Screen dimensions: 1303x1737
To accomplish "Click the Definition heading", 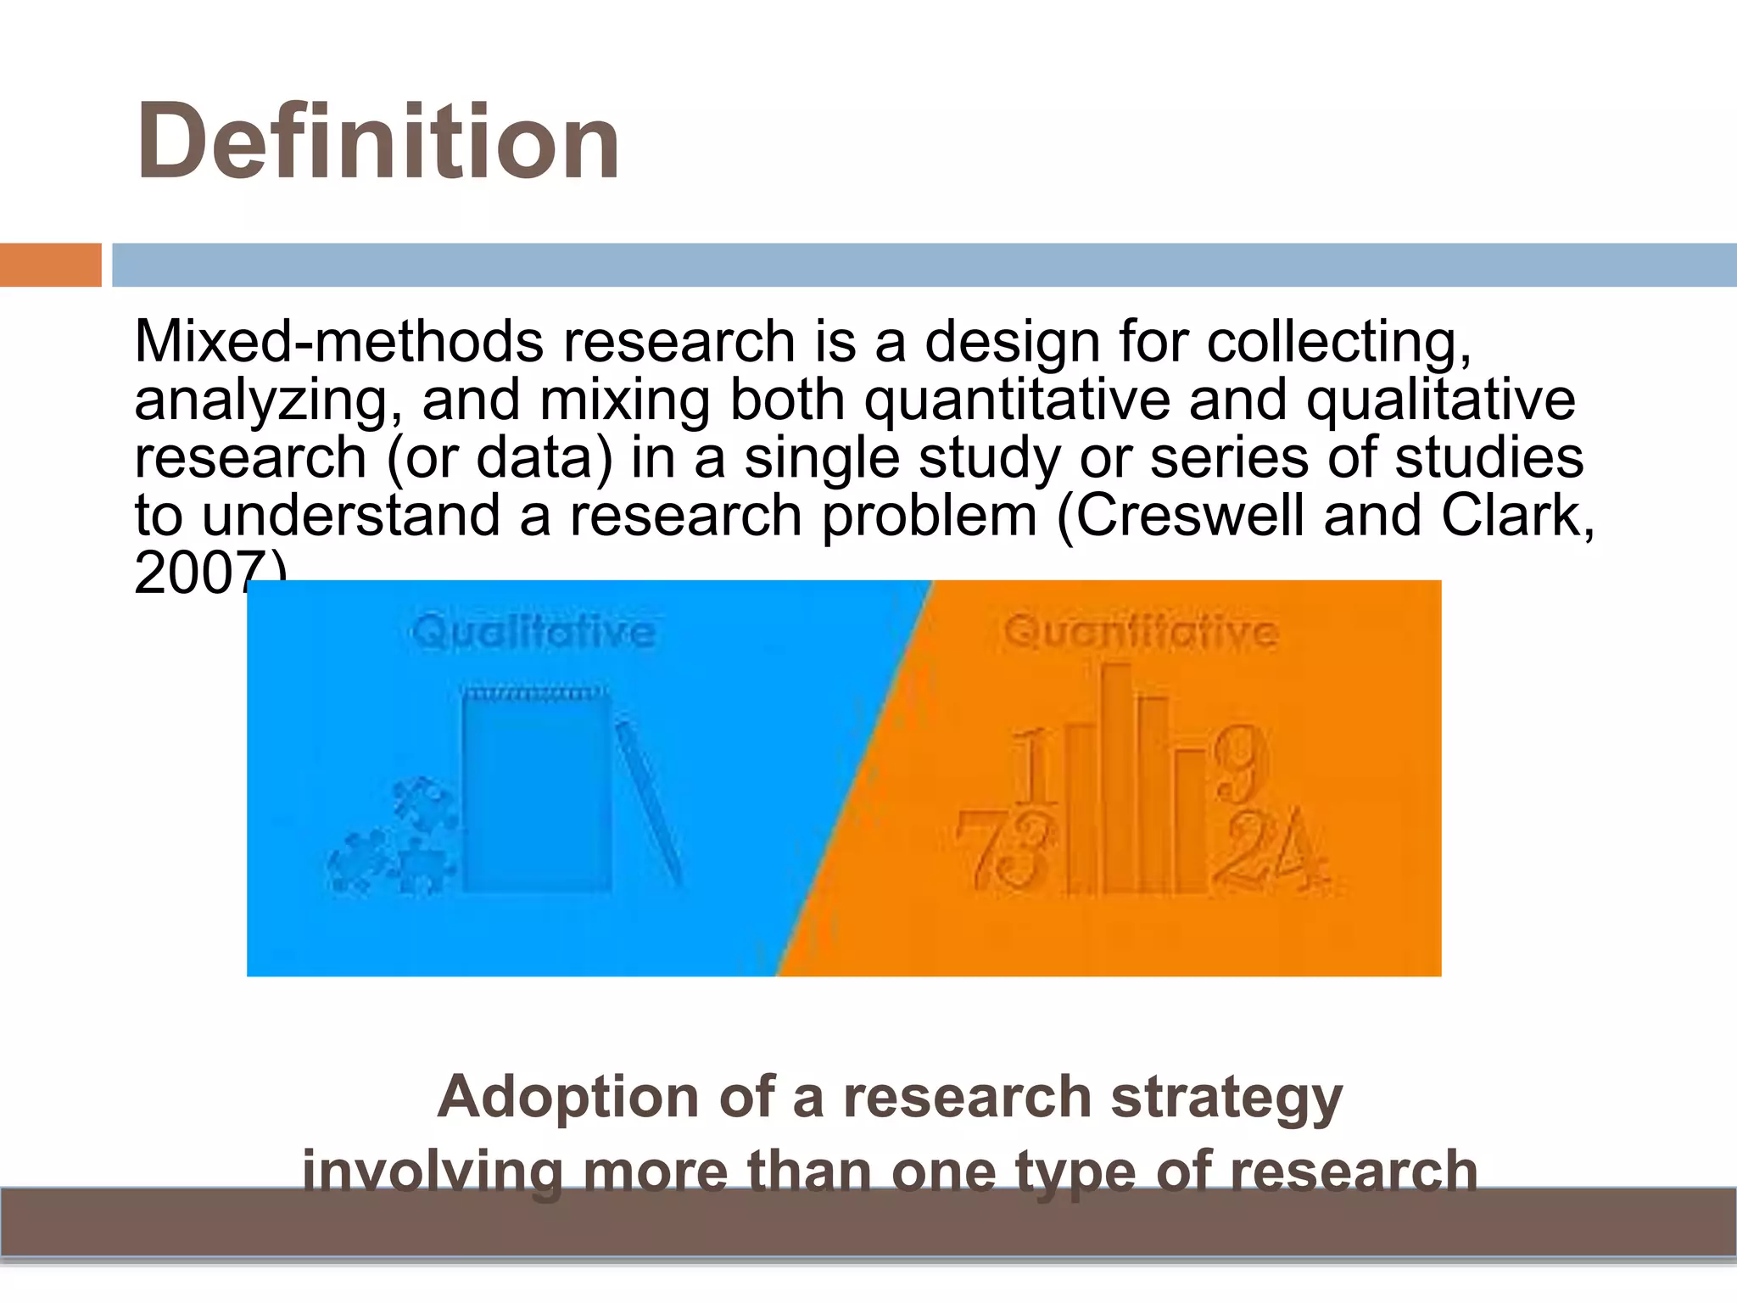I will point(378,142).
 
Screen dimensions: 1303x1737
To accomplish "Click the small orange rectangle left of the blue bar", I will point(50,265).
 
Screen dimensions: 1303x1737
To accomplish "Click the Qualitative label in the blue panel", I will point(533,633).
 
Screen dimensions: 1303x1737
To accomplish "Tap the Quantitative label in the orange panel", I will point(1141,633).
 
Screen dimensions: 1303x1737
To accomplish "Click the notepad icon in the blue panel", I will point(536,789).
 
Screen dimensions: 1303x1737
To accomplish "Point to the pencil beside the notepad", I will point(649,802).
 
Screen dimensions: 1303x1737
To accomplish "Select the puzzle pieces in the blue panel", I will point(394,840).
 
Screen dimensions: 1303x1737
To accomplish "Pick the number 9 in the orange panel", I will point(1240,763).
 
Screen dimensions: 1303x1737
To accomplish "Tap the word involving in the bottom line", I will point(433,1172).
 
